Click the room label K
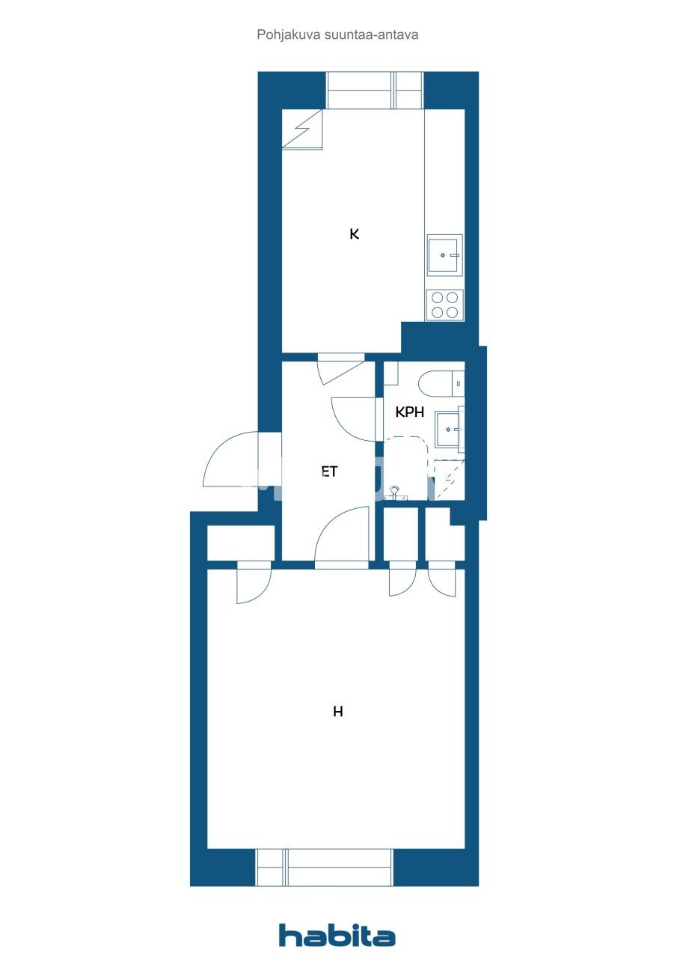355,234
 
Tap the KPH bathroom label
409,412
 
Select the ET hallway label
329,472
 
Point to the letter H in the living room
338,712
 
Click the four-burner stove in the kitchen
444,305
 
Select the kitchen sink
444,255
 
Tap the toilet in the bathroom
441,385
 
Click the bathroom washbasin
450,429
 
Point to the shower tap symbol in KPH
396,492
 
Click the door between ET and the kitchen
340,368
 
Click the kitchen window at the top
375,90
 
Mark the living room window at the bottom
325,867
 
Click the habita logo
337,936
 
